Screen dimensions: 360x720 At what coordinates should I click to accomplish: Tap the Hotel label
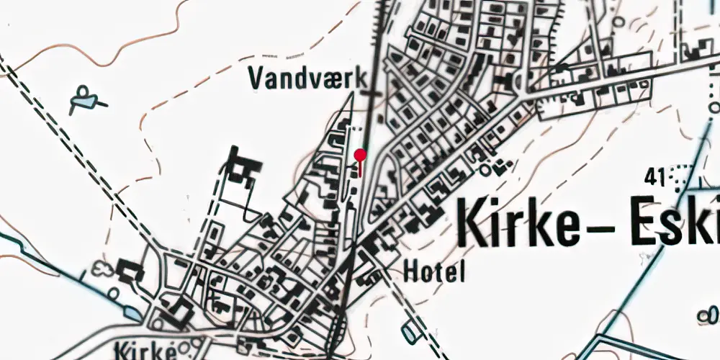pyautogui.click(x=434, y=271)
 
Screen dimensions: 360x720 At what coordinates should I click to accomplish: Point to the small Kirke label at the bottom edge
pyautogui.click(x=144, y=351)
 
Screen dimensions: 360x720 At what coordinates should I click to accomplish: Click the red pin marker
pyautogui.click(x=361, y=156)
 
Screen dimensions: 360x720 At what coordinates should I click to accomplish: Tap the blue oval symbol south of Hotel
pyautogui.click(x=411, y=330)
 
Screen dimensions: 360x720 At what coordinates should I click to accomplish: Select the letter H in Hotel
pyautogui.click(x=411, y=271)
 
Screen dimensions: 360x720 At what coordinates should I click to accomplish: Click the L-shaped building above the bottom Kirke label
pyautogui.click(x=177, y=312)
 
